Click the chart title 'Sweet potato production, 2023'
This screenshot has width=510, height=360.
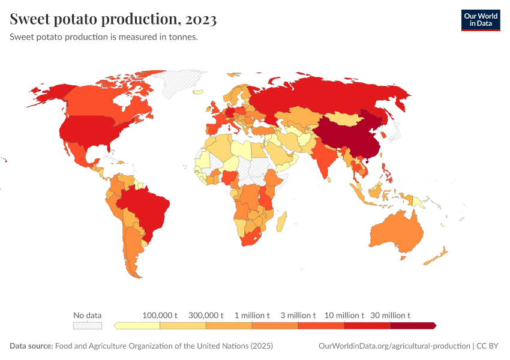pyautogui.click(x=113, y=19)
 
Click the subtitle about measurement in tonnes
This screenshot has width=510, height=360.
pyautogui.click(x=104, y=37)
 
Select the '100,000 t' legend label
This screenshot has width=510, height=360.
pyautogui.click(x=160, y=315)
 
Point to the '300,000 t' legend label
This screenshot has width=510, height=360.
pyautogui.click(x=206, y=315)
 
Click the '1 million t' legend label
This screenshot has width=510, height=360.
pyautogui.click(x=252, y=315)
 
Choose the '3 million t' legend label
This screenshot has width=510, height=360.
pyautogui.click(x=298, y=315)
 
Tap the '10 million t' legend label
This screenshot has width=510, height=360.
pyautogui.click(x=344, y=315)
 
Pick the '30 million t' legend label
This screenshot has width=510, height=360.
pyautogui.click(x=391, y=315)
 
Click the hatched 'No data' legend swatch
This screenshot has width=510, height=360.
pyautogui.click(x=88, y=326)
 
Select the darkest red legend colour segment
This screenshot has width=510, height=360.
pyautogui.click(x=413, y=326)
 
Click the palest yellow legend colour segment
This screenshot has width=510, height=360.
pyautogui.click(x=137, y=326)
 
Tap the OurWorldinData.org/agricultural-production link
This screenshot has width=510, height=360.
pyautogui.click(x=393, y=346)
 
